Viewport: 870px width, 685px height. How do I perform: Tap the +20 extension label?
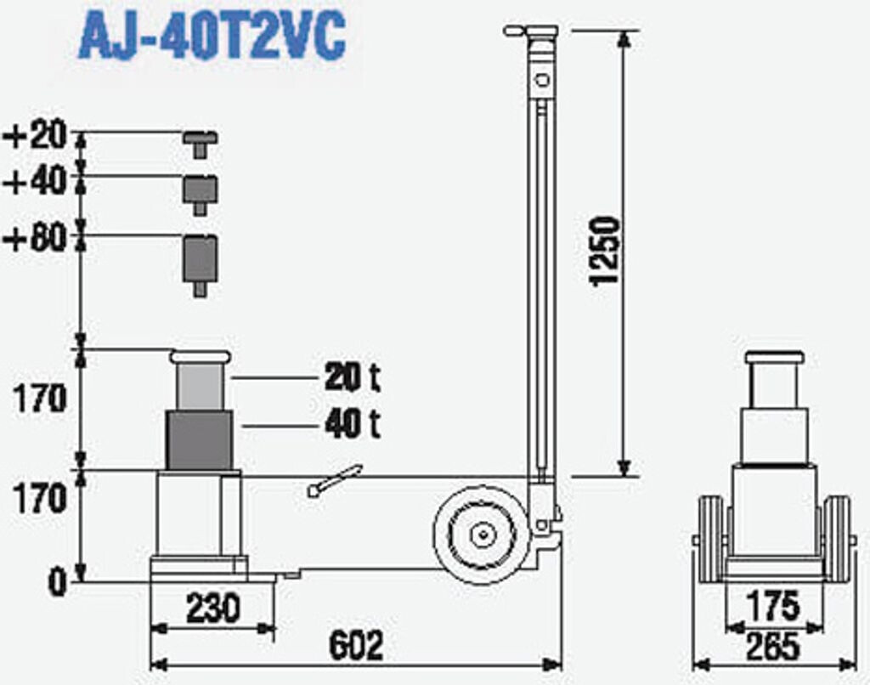(x=36, y=135)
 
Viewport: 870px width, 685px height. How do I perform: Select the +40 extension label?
(x=36, y=181)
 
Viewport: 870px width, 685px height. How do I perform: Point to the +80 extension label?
(x=36, y=239)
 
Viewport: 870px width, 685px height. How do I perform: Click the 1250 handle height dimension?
(x=605, y=252)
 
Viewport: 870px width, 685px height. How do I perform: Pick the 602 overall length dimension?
(x=356, y=646)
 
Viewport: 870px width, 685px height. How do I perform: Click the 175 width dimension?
(x=773, y=605)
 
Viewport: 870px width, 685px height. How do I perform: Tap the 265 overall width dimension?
(x=773, y=647)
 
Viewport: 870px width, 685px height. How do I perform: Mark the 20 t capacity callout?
(x=353, y=377)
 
